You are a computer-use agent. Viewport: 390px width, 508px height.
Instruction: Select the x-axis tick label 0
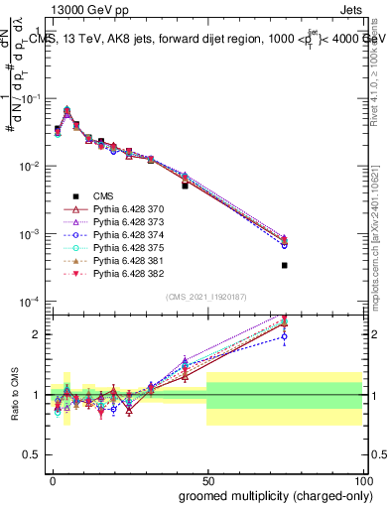tap(51, 479)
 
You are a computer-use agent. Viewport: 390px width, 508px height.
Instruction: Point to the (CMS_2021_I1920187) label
tap(205, 295)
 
